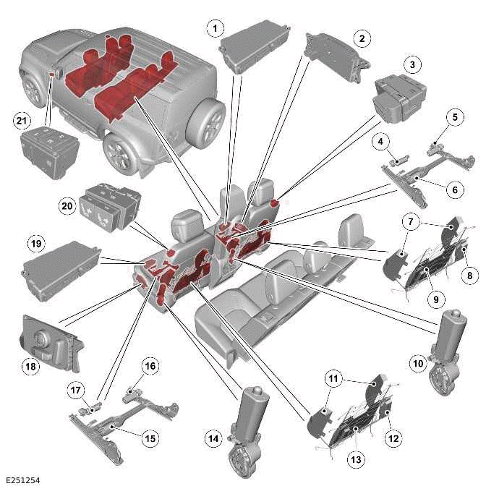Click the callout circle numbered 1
(213, 28)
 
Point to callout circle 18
(31, 367)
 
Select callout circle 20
(67, 205)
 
